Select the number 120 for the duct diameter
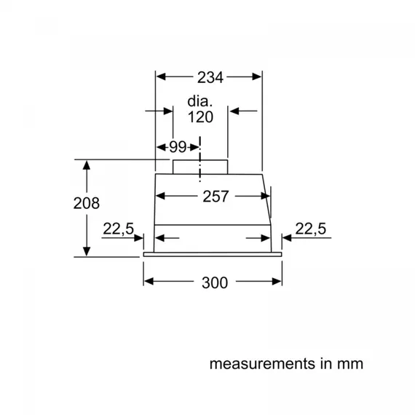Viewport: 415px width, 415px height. click(199, 117)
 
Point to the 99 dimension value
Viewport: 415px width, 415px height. click(178, 146)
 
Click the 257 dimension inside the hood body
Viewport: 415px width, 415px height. click(215, 197)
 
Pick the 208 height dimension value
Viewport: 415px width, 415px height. click(86, 203)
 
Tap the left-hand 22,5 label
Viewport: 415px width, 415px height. click(118, 229)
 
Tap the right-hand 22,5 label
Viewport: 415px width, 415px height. click(311, 229)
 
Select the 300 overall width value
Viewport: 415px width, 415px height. click(213, 282)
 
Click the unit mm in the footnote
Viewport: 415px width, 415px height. click(348, 363)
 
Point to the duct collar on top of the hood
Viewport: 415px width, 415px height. click(200, 167)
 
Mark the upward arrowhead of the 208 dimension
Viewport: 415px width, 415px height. click(87, 165)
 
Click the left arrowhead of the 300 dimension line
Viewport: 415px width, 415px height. click(149, 282)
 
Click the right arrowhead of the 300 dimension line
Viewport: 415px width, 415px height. click(278, 282)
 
